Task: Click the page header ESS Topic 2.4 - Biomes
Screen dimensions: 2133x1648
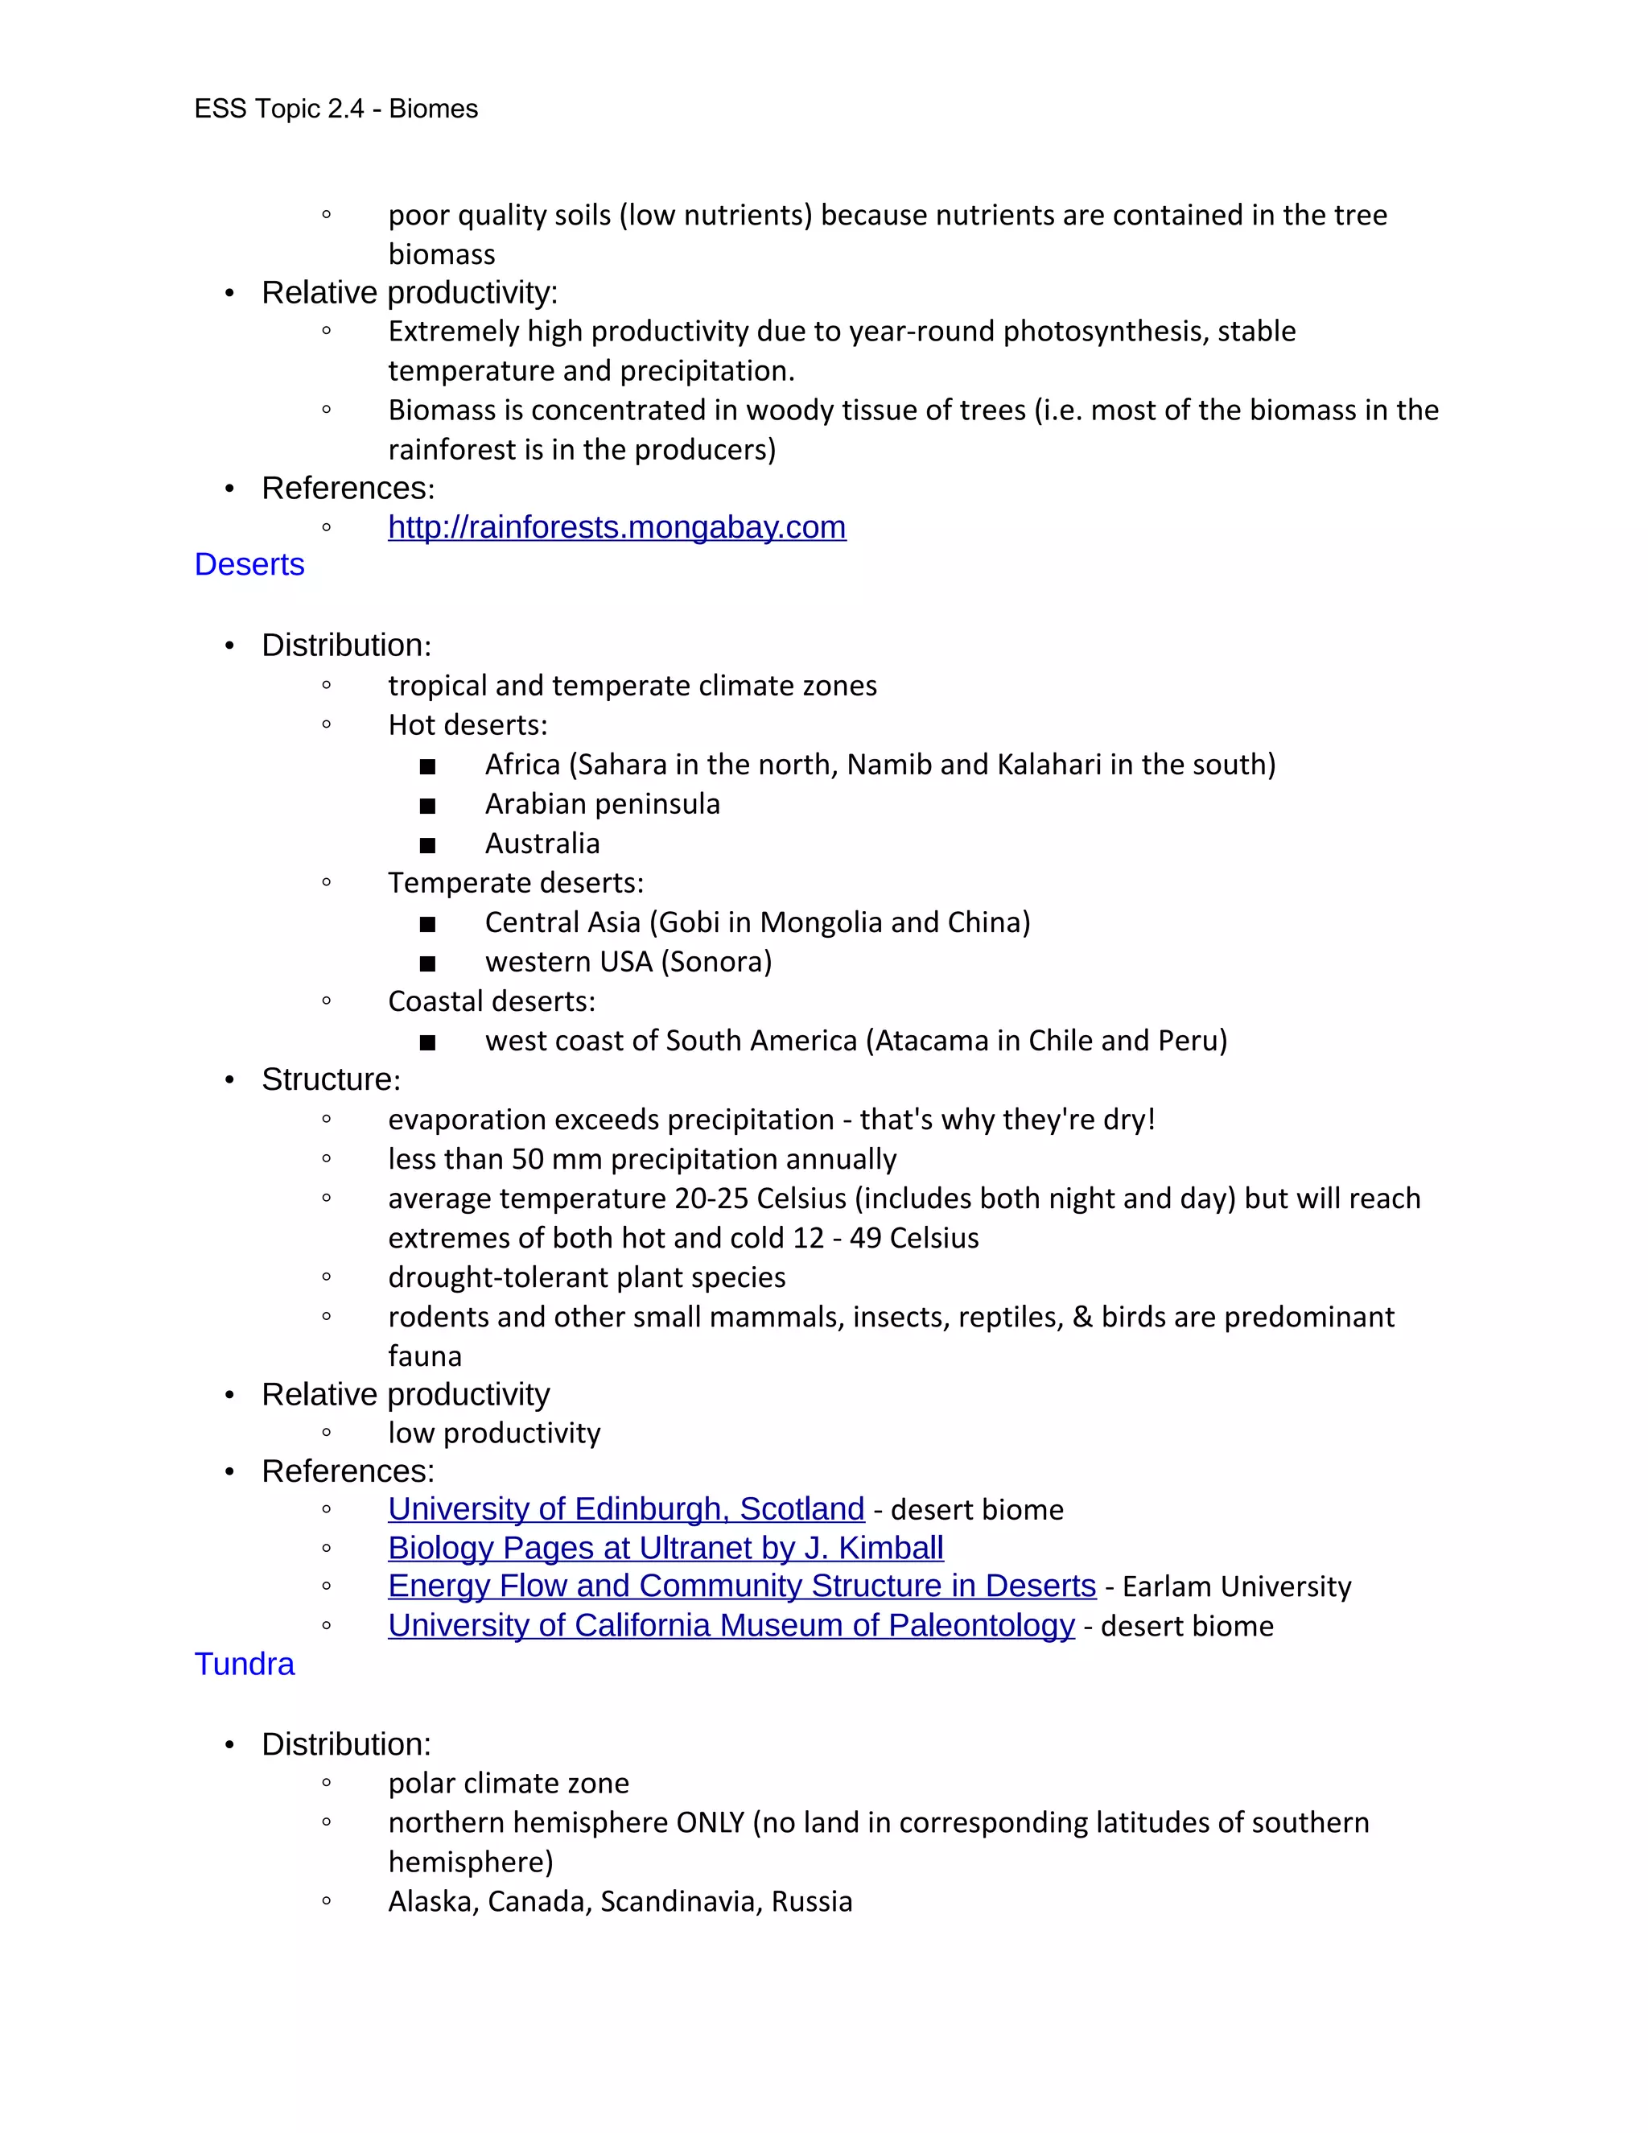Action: point(336,109)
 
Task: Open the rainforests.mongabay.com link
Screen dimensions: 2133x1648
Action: point(616,527)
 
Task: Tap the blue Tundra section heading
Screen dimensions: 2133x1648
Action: point(244,1665)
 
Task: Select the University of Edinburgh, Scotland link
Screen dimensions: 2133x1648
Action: point(626,1509)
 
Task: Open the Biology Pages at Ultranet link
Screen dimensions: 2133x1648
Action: point(665,1548)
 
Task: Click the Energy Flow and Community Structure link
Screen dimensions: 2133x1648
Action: point(741,1586)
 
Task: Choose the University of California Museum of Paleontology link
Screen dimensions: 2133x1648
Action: point(731,1625)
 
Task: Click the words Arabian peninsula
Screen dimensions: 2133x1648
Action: point(603,804)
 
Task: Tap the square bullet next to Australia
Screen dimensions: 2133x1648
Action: point(427,845)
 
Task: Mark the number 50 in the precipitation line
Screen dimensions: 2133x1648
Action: point(527,1159)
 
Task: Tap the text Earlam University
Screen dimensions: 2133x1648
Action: point(1236,1587)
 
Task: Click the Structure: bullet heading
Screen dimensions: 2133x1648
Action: point(331,1079)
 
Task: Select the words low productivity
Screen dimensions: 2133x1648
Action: point(494,1433)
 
